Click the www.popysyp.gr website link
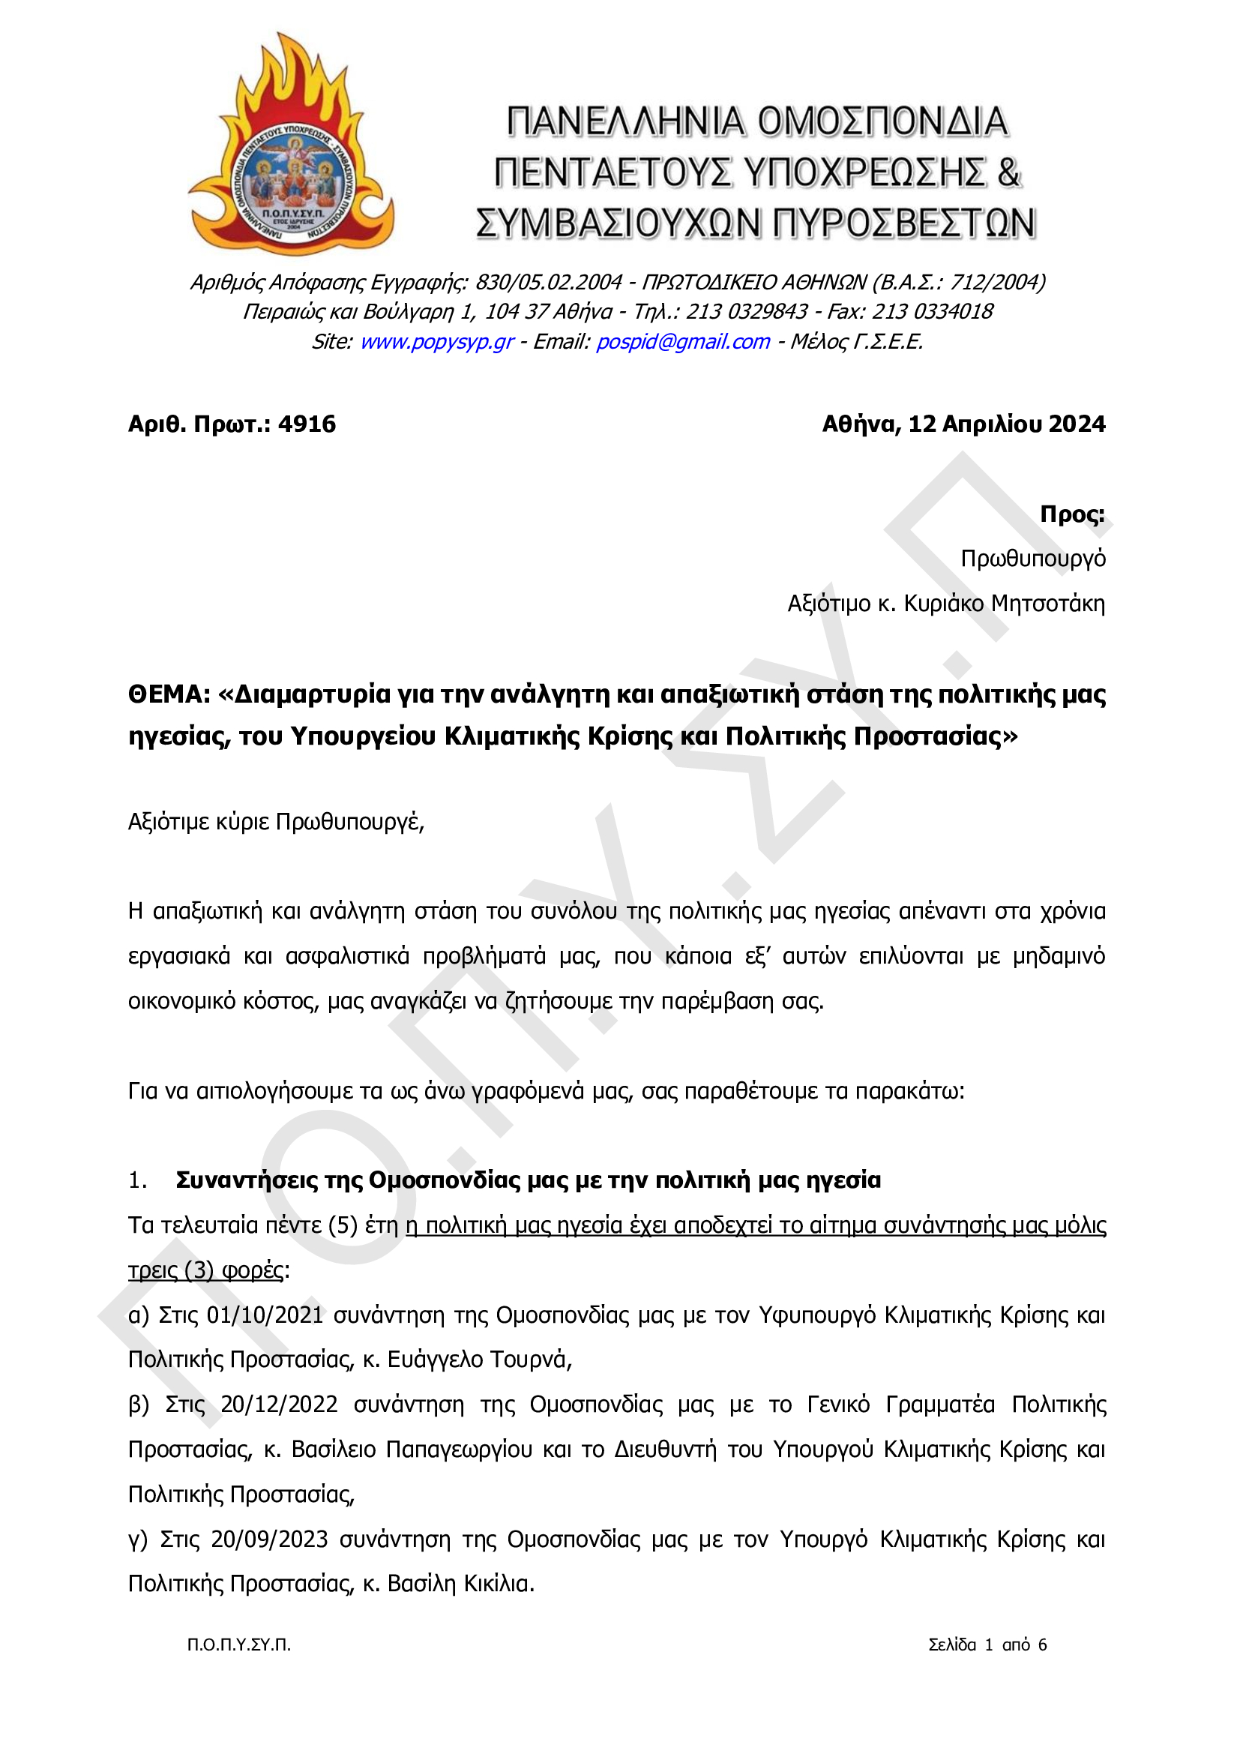pos(437,342)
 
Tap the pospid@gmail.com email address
pos(683,342)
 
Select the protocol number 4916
pos(307,424)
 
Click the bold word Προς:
pos(1072,514)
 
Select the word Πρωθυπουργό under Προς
pos(1032,559)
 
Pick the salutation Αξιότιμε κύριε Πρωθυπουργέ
pos(276,822)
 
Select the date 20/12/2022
pos(279,1405)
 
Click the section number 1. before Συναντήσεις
pos(138,1181)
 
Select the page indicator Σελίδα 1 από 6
pos(987,1645)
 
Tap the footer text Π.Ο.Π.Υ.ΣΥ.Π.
pos(239,1645)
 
